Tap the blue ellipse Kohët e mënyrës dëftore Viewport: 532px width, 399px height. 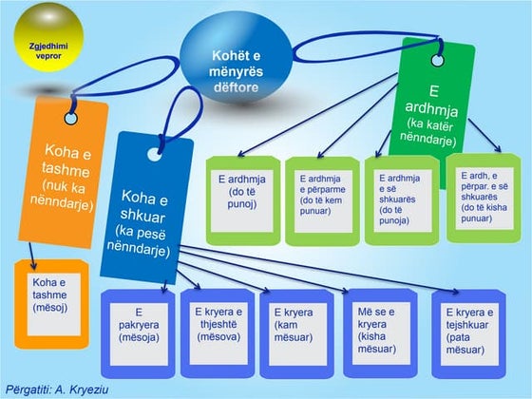pos(235,66)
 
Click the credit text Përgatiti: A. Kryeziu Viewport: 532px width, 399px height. pos(56,388)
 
